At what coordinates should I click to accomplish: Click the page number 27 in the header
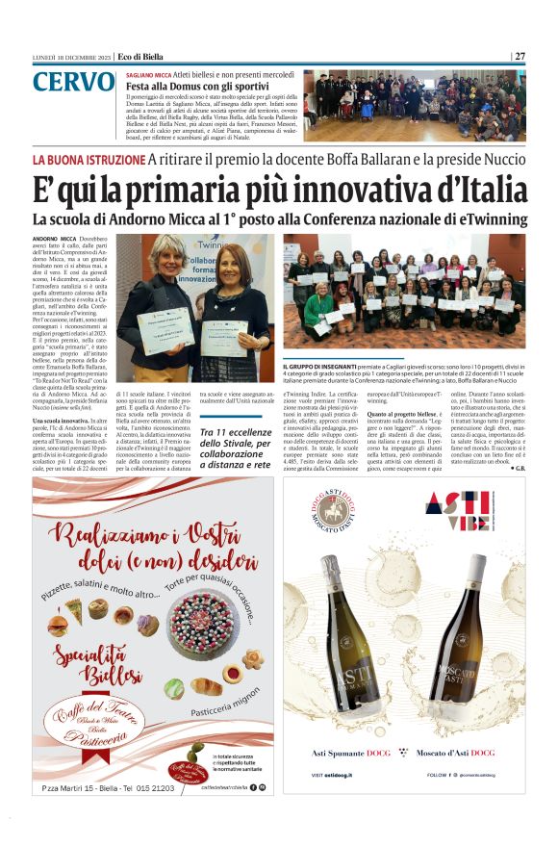coord(520,56)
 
